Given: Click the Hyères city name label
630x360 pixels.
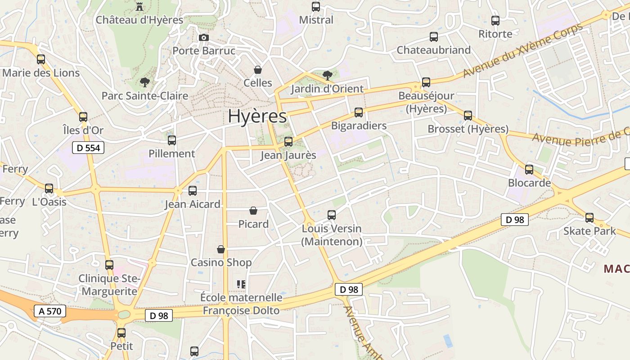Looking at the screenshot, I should [x=257, y=116].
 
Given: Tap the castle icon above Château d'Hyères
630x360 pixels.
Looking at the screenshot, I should [x=139, y=6].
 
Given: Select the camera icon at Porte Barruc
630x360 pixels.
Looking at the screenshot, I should [x=204, y=37].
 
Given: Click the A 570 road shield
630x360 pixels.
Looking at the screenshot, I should [x=50, y=311].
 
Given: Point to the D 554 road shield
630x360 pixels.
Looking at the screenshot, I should [x=88, y=148].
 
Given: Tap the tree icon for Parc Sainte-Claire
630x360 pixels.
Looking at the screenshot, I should [x=144, y=82].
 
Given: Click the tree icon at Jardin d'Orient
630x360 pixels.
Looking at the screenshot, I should [x=328, y=75].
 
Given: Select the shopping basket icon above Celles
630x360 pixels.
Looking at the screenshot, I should [x=258, y=70].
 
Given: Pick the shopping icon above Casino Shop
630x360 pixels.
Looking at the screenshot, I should [x=221, y=249].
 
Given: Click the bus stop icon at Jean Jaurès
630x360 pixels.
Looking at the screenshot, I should [x=288, y=142].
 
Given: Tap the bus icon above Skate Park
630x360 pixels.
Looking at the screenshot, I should [x=589, y=218].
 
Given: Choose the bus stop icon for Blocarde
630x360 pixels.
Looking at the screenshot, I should [x=529, y=170].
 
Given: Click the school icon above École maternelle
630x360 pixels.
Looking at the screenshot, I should [x=241, y=284].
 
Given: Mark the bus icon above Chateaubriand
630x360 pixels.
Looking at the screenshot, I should [x=434, y=37].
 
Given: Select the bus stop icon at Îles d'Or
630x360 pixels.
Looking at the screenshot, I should [x=83, y=117].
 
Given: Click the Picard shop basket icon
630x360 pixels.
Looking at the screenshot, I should [x=253, y=211].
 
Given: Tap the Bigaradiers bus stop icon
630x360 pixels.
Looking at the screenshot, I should [x=359, y=112].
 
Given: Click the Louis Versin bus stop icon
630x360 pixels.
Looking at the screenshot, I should [x=332, y=215].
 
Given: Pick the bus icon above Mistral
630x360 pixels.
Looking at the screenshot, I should [x=316, y=7].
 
